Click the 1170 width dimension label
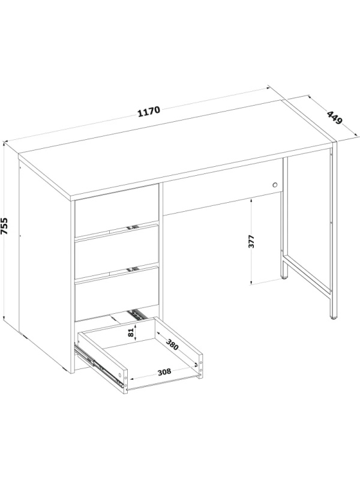click(x=149, y=112)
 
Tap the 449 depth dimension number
click(x=334, y=118)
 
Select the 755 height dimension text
click(x=4, y=226)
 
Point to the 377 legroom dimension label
click(x=251, y=242)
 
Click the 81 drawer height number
click(x=131, y=332)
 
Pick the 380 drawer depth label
click(x=172, y=344)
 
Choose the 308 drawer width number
click(x=164, y=372)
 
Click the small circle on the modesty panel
click(x=275, y=185)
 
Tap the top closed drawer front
click(x=116, y=210)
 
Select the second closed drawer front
click(x=116, y=252)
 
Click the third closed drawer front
click(x=116, y=294)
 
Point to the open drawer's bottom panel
click(x=150, y=359)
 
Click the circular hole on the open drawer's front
click(x=120, y=374)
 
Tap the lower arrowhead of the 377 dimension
click(x=251, y=282)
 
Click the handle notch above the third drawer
click(x=133, y=269)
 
